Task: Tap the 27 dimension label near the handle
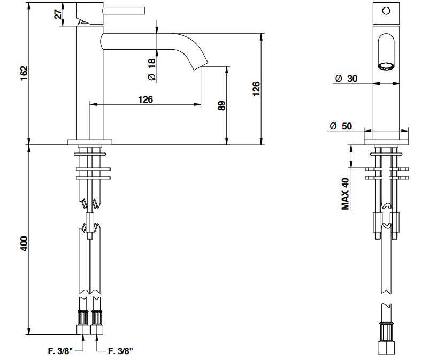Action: [x=57, y=15]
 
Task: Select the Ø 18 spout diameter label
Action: [x=151, y=70]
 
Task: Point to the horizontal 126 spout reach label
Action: [x=145, y=99]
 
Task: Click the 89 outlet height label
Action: [x=221, y=105]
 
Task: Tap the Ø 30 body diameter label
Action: [x=347, y=79]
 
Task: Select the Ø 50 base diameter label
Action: [x=341, y=126]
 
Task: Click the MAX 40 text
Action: [x=346, y=194]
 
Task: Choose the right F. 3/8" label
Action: [x=120, y=351]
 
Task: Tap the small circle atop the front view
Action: [x=385, y=10]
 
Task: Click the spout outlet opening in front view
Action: [x=386, y=66]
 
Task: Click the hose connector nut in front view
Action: [x=386, y=337]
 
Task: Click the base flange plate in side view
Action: [x=90, y=142]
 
